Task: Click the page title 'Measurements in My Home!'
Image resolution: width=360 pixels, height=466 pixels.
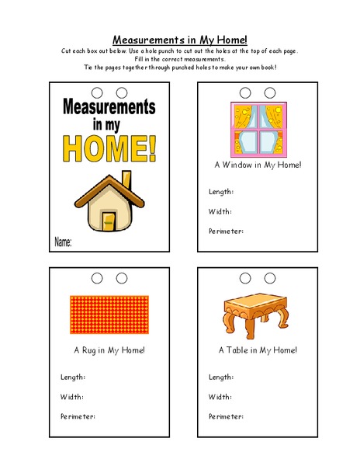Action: [179, 39]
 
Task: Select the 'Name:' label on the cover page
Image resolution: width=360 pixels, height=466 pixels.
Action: [63, 243]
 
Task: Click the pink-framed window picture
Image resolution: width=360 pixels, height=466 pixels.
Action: [257, 128]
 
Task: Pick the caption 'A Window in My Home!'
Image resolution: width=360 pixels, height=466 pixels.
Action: [258, 165]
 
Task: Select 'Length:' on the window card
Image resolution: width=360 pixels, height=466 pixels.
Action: [221, 191]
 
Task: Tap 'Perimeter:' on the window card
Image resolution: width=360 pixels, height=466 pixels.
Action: [226, 231]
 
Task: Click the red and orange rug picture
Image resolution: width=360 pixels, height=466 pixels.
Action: [109, 315]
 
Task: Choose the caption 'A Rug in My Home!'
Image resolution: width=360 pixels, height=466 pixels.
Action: [109, 350]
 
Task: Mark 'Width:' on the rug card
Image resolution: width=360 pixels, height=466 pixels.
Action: [71, 397]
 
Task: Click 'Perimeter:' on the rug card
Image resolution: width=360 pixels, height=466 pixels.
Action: [78, 416]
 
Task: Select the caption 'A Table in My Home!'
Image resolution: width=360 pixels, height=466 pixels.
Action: [258, 350]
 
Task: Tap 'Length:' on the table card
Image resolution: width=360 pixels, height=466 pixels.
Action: [221, 377]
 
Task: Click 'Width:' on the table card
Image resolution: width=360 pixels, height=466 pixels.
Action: [220, 397]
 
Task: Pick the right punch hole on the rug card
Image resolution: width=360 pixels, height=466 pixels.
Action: [122, 278]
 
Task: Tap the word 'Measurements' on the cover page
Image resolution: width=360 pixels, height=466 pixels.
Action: [109, 106]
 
